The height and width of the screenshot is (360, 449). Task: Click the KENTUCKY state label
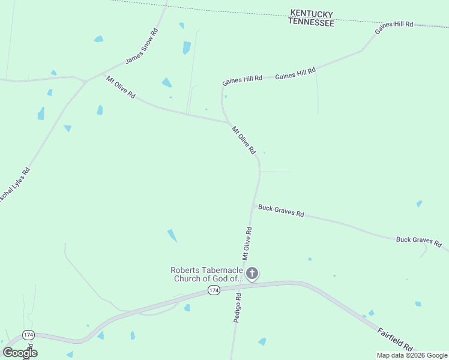(311, 13)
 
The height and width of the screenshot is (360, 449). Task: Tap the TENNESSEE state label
(311, 22)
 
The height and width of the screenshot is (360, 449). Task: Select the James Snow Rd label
(142, 46)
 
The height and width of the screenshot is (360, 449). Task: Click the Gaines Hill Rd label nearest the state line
(394, 25)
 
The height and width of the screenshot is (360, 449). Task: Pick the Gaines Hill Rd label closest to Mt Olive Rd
(242, 79)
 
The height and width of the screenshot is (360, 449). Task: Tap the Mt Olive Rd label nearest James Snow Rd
(121, 87)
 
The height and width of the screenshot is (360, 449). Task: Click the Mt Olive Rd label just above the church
(247, 243)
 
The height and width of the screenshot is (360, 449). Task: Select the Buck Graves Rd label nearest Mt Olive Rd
(281, 211)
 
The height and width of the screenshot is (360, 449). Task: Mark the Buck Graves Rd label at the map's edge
(418, 241)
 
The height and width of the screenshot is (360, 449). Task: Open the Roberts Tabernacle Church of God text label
(206, 274)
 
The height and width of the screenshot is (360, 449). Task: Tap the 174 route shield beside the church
(214, 290)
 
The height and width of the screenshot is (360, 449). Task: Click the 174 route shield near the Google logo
(28, 334)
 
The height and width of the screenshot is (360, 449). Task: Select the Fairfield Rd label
(396, 339)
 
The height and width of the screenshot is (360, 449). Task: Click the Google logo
(20, 353)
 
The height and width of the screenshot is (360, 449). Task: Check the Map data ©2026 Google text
(411, 355)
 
